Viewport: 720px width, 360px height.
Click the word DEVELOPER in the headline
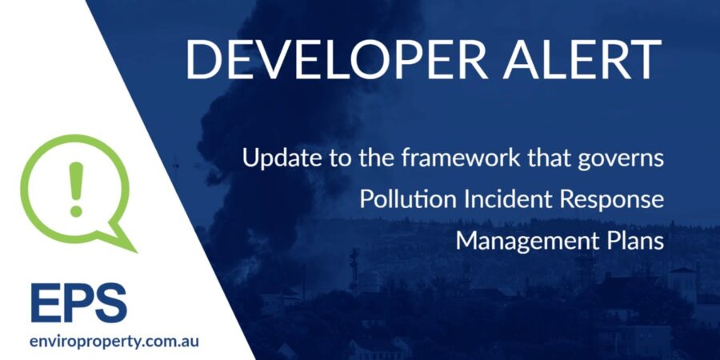coord(337,60)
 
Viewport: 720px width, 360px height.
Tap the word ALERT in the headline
coord(582,60)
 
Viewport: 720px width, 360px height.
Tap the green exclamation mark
coord(76,189)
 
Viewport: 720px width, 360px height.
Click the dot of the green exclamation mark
coord(76,211)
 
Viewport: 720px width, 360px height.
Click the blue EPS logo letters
coord(78,302)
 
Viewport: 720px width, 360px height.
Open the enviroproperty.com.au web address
coord(114,342)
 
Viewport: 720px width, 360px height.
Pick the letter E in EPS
coord(45,302)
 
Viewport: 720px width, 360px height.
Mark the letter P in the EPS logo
coord(76,302)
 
